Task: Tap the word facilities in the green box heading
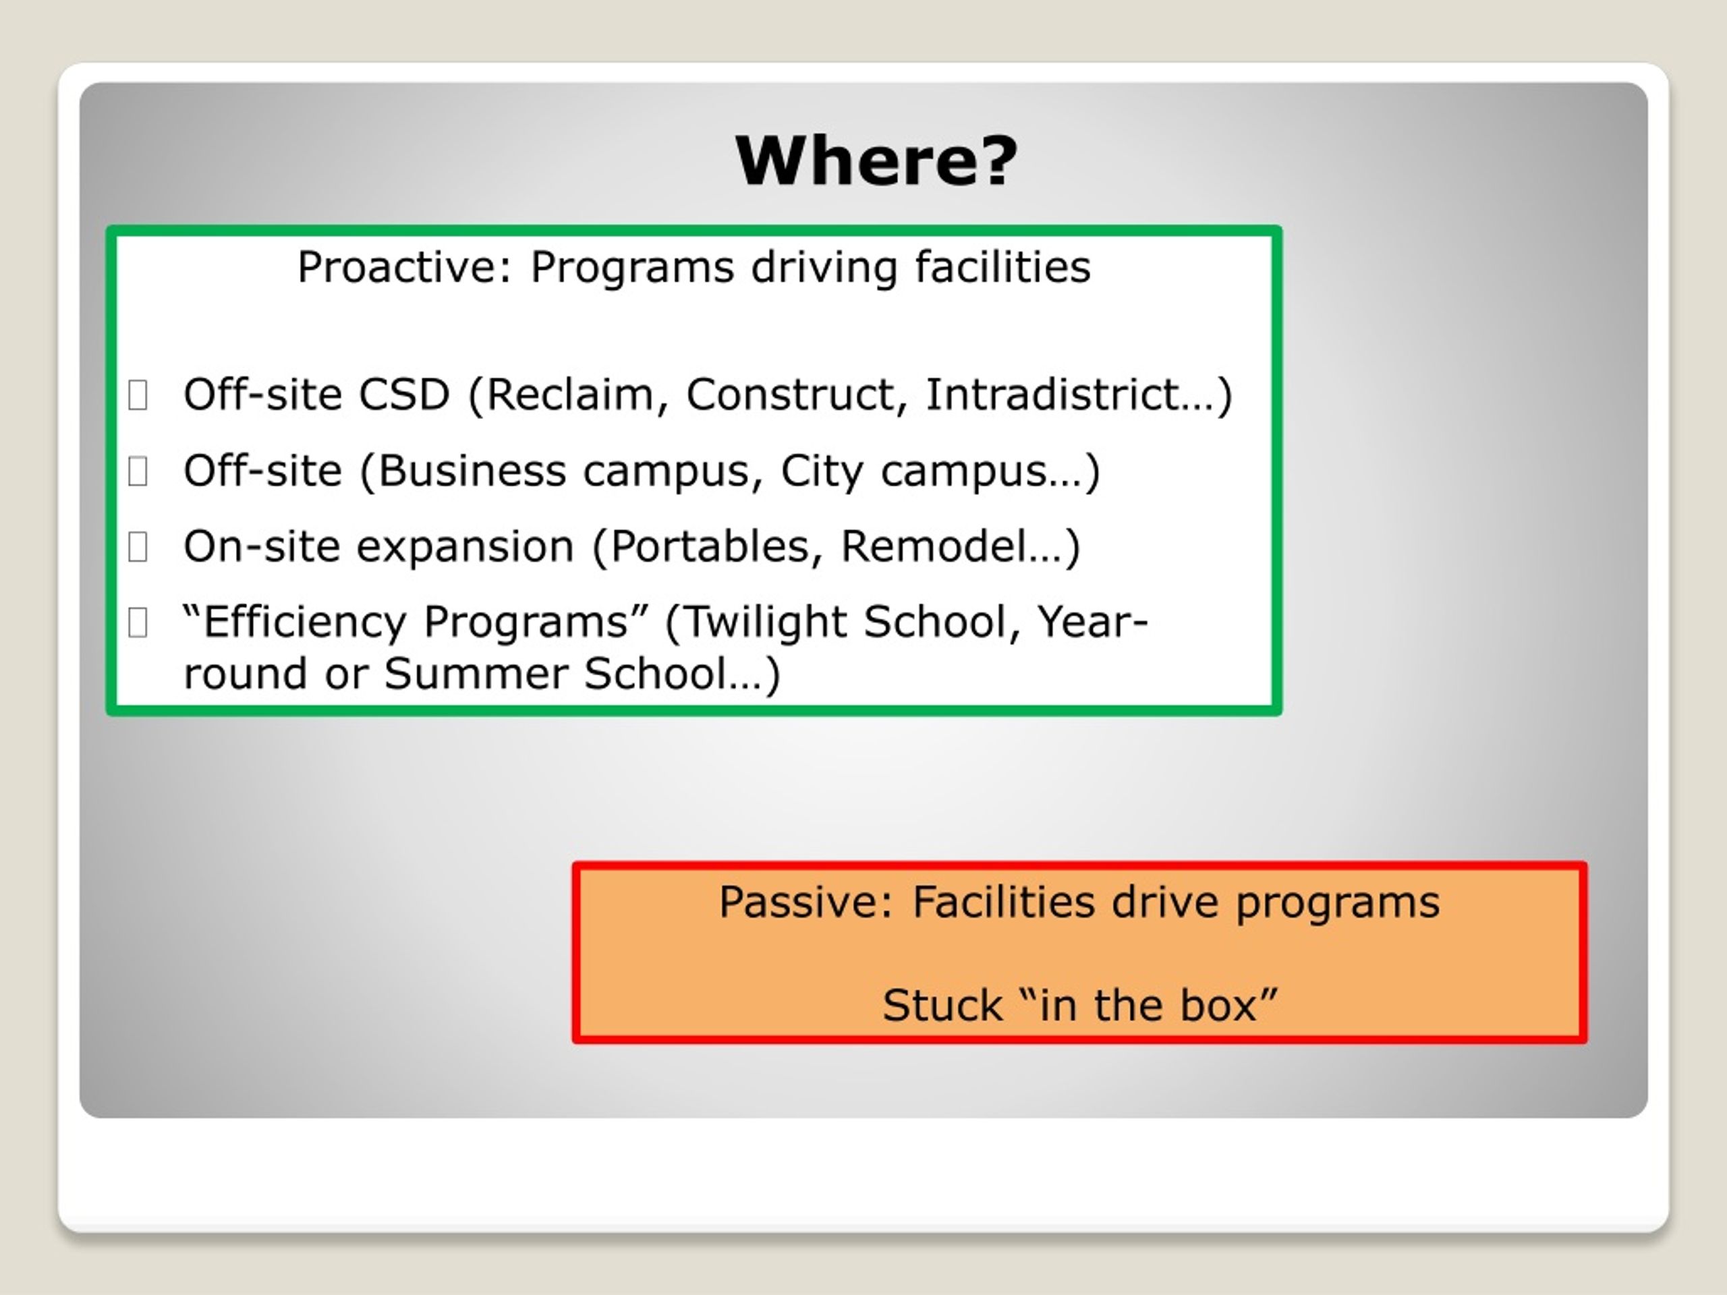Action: coord(1002,267)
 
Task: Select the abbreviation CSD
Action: coord(403,394)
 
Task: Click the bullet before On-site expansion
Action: coord(138,546)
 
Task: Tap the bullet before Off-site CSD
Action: coord(138,394)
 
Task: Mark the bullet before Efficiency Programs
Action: coord(138,622)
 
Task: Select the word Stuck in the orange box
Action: coord(942,1006)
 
